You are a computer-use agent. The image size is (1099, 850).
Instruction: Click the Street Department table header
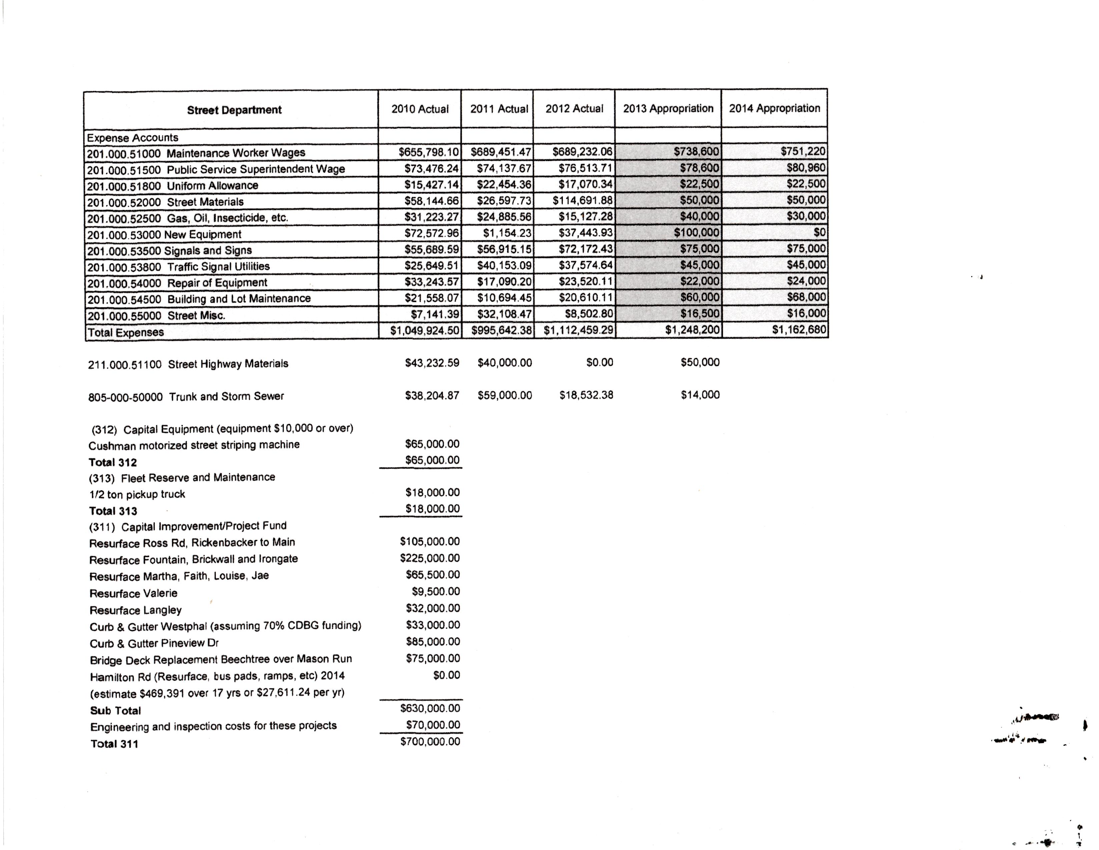(234, 110)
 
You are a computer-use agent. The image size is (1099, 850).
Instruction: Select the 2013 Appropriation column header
(668, 109)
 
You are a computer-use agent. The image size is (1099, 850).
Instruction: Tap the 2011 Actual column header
(499, 109)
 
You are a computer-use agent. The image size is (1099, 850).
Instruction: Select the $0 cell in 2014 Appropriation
(819, 232)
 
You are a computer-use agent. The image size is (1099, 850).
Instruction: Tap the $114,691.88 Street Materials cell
(582, 200)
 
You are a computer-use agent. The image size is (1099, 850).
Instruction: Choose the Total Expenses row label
(126, 332)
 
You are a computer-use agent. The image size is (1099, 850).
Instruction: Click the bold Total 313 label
(113, 511)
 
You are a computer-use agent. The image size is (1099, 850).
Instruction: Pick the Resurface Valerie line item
(133, 593)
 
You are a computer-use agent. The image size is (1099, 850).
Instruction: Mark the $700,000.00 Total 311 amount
(430, 741)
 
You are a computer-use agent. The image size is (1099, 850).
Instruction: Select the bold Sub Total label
(115, 711)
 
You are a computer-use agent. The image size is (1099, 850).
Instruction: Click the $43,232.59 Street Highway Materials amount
(432, 363)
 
